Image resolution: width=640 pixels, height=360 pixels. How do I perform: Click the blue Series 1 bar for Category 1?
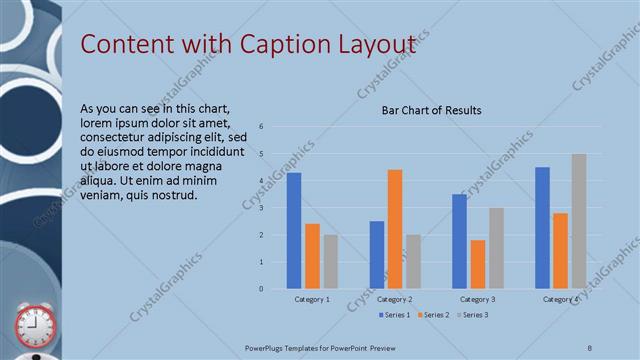point(294,231)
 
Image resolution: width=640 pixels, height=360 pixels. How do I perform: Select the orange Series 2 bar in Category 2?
point(395,229)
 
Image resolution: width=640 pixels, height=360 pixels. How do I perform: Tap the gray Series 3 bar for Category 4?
point(579,221)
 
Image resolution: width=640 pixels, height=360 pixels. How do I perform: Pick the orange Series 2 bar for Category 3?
point(478,264)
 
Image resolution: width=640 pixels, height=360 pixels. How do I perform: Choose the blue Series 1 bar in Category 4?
point(542,228)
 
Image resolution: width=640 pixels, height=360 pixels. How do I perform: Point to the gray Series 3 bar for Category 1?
point(331,262)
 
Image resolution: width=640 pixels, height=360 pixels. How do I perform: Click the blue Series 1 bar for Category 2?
point(377,255)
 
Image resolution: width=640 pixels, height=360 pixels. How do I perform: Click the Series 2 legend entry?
point(434,316)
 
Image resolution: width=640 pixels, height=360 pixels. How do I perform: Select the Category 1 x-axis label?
point(313,299)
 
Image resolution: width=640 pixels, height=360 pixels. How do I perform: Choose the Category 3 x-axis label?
point(478,299)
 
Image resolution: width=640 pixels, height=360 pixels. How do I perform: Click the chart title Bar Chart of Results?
point(432,110)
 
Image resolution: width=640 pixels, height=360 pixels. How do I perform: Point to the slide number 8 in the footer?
point(589,346)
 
